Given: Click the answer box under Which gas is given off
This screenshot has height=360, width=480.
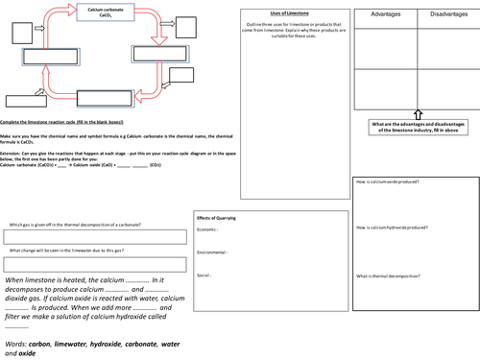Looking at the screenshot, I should pos(93,236).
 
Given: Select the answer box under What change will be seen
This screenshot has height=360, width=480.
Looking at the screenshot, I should pos(93,263).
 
